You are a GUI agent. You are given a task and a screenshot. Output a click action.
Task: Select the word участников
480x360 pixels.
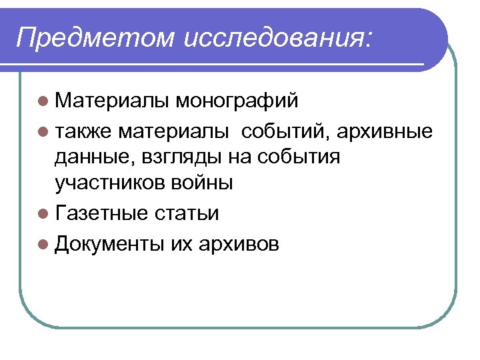[107, 183]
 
